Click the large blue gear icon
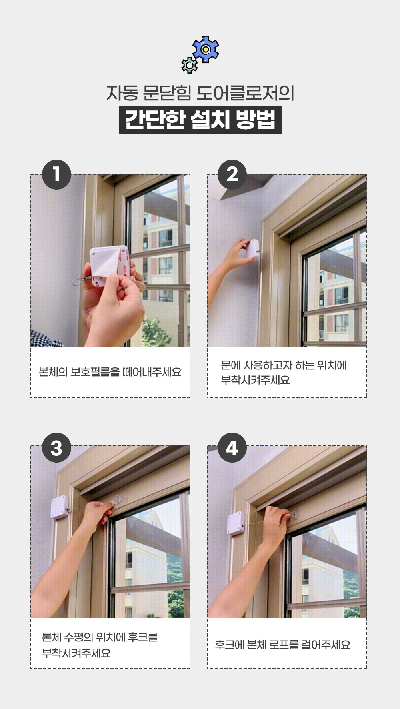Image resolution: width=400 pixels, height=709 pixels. click(x=206, y=49)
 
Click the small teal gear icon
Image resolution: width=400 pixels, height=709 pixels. click(x=189, y=65)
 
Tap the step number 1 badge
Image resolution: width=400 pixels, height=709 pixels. click(x=56, y=174)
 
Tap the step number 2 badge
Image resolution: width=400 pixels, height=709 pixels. click(x=232, y=174)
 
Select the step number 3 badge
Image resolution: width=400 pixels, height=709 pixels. click(x=56, y=447)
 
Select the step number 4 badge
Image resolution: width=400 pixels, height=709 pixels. click(x=232, y=447)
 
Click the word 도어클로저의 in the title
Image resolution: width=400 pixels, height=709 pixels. click(x=245, y=93)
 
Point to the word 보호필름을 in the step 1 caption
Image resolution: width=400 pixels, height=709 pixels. click(x=95, y=372)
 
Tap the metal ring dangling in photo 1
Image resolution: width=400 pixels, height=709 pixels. click(x=79, y=282)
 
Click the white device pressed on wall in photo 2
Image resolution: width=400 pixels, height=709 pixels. click(x=252, y=249)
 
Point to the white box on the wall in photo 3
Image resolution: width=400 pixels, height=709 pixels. click(x=60, y=507)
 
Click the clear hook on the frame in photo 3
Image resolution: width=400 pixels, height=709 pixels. click(x=119, y=499)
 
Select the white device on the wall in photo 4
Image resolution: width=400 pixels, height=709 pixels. click(x=236, y=523)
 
